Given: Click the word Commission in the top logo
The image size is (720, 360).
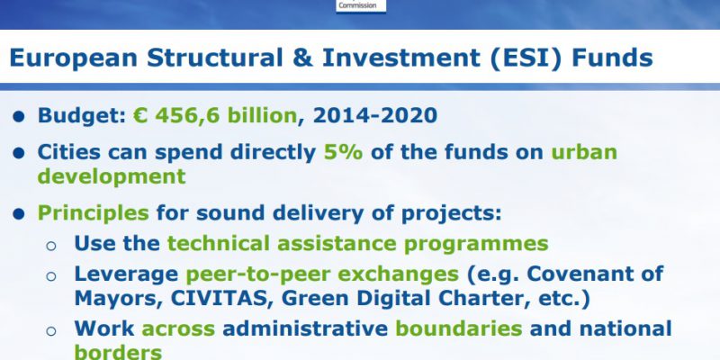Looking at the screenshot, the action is pyautogui.click(x=357, y=5).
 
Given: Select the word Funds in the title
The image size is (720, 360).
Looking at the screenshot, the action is pyautogui.click(x=612, y=58).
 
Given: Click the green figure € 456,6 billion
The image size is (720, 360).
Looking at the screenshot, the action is pyautogui.click(x=215, y=115).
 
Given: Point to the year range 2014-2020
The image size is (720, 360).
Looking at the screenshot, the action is pyautogui.click(x=374, y=115).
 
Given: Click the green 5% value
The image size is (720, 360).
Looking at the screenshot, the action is pyautogui.click(x=343, y=152).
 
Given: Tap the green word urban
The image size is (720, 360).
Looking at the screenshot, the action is pyautogui.click(x=584, y=152).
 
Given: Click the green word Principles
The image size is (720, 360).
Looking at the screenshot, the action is pyautogui.click(x=94, y=213).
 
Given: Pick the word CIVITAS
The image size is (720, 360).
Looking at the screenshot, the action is pyautogui.click(x=218, y=299).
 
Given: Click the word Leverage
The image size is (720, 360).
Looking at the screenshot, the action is pyautogui.click(x=126, y=275).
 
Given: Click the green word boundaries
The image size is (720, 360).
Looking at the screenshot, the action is pyautogui.click(x=459, y=328).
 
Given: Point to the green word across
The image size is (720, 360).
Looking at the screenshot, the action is pyautogui.click(x=178, y=329).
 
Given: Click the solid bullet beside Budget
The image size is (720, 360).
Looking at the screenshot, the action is pyautogui.click(x=18, y=117).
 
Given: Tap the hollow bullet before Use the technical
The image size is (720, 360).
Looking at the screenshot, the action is pyautogui.click(x=51, y=246).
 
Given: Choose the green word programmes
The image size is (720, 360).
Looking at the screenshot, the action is pyautogui.click(x=476, y=245).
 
